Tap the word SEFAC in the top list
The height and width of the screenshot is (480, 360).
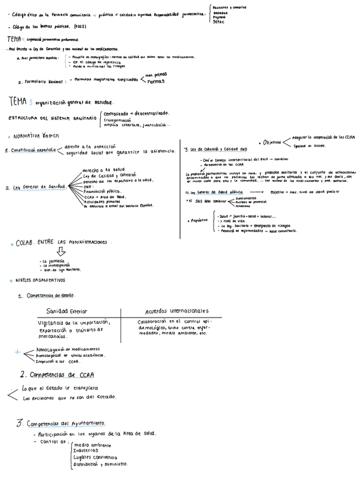pos(220,22)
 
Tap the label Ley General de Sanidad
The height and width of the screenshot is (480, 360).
pos(38,186)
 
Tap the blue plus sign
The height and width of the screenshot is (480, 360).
pos(17,352)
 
